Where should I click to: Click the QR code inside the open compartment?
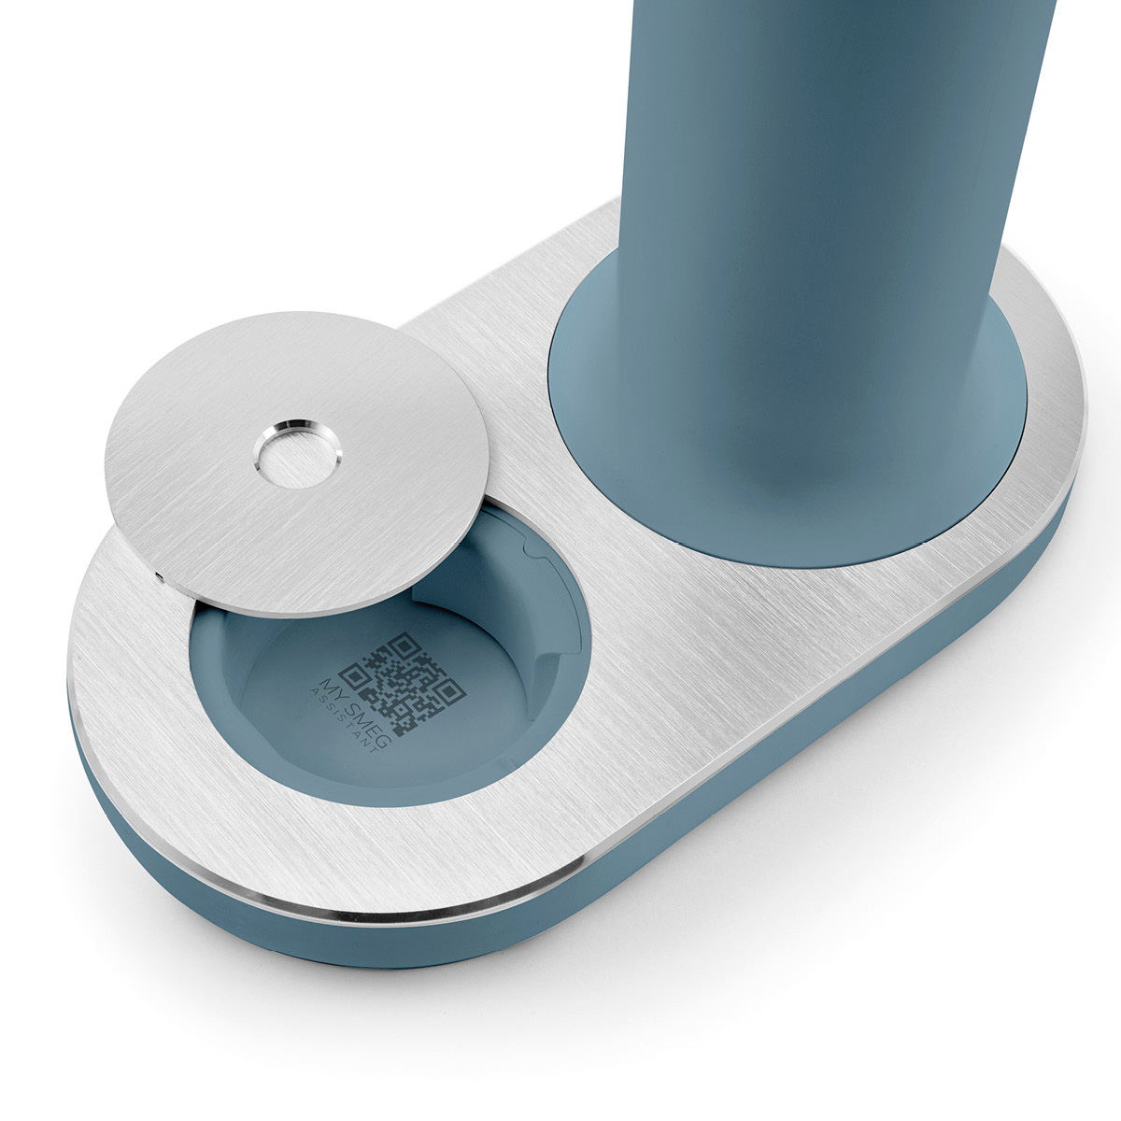[x=402, y=684]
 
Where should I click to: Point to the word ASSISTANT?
[x=343, y=720]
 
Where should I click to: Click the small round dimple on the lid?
[x=297, y=452]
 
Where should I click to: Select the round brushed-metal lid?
[x=297, y=463]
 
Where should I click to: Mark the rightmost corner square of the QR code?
[x=448, y=693]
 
